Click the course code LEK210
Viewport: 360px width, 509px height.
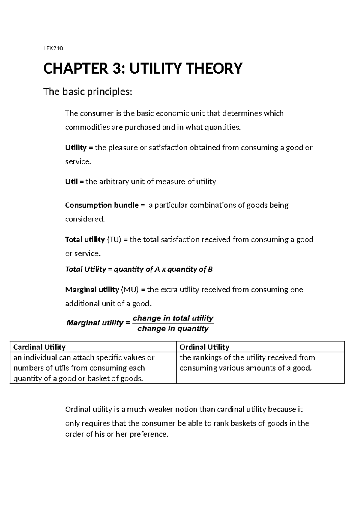click(53, 48)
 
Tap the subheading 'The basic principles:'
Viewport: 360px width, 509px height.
click(88, 92)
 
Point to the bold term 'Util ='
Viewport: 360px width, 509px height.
click(75, 182)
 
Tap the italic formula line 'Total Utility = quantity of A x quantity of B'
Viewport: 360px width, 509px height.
click(139, 269)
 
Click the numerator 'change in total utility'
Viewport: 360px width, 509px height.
click(173, 318)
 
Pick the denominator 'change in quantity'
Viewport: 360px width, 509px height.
click(173, 329)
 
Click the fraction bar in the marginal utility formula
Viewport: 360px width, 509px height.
click(173, 323)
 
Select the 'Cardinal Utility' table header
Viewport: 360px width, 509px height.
click(40, 347)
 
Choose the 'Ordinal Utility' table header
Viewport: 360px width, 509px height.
click(204, 347)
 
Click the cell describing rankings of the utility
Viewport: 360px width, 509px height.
click(247, 363)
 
